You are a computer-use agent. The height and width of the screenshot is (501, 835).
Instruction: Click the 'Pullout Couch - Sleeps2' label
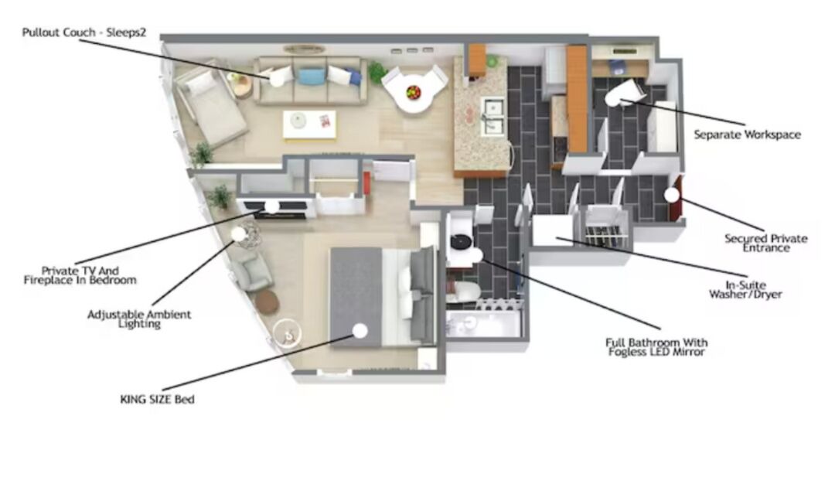pos(83,32)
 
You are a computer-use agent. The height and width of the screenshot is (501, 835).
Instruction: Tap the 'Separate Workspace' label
pos(747,135)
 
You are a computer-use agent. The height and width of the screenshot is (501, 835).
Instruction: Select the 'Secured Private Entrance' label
pos(765,243)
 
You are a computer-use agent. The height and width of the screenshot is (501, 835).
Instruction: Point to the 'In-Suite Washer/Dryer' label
pos(745,290)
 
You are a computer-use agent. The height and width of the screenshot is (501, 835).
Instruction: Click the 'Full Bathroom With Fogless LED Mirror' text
pos(656,347)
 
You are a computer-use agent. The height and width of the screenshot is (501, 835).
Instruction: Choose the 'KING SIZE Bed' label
pos(157,399)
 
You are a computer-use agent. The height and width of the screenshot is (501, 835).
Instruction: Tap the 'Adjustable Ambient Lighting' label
pos(139,319)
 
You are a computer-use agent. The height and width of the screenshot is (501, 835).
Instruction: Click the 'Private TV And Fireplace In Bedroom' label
pos(80,275)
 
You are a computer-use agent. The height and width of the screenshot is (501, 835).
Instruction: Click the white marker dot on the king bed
pos(360,331)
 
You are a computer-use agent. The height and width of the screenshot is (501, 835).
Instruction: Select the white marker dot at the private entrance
pos(672,195)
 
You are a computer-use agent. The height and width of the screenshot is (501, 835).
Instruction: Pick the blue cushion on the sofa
pos(312,76)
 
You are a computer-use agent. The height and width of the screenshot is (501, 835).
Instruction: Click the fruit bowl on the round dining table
pos(413,92)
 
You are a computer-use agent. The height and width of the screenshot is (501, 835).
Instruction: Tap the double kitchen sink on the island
pos(492,116)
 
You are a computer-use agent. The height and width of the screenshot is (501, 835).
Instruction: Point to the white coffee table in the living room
pos(309,124)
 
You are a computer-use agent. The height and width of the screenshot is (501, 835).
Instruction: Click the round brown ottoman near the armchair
pos(267,302)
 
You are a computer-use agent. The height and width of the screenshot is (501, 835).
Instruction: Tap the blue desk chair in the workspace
pos(618,67)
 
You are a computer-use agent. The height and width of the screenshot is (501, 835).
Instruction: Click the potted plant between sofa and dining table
pos(377,73)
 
